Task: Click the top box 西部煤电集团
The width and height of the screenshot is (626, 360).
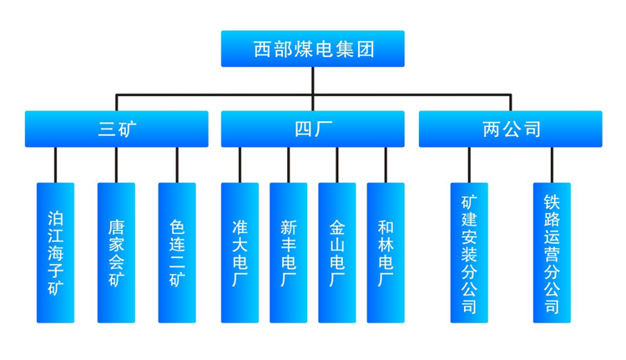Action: pos(312,48)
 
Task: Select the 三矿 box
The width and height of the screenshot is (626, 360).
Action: pos(117,129)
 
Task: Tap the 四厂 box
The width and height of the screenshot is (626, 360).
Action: pos(312,129)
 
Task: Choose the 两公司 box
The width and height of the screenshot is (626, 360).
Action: pos(510,129)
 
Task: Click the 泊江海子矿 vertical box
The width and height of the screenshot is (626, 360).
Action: pos(55,252)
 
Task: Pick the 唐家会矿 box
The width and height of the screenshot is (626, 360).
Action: pos(116,252)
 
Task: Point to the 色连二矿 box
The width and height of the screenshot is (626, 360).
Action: pos(177,252)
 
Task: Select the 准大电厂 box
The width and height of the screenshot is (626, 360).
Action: pos(240,252)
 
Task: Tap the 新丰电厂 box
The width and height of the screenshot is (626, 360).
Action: pos(288,252)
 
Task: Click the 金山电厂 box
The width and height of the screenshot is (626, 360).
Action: pos(337,252)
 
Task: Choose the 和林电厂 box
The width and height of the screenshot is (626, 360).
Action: pos(386,252)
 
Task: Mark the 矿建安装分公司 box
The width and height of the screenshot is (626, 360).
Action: pos(468,252)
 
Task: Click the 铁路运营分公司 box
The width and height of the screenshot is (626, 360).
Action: pos(552,252)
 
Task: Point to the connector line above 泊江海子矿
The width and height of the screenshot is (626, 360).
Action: pos(55,165)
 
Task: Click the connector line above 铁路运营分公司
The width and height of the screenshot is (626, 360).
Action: pos(552,165)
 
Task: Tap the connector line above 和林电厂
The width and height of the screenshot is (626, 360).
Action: pos(386,165)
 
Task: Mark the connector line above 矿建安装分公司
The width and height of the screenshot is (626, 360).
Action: pos(468,165)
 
